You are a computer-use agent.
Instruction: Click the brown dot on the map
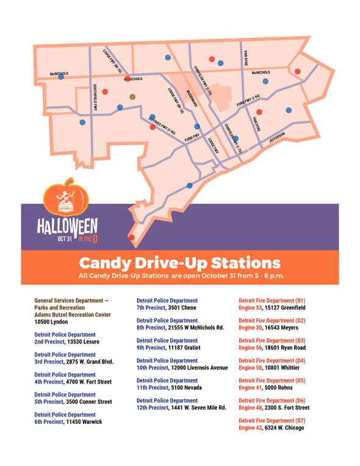132,96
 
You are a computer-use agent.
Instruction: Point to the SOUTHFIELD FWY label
96,97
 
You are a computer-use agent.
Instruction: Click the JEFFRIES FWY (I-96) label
162,124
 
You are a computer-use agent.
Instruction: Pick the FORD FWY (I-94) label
248,101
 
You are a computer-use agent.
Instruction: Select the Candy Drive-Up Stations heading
180,263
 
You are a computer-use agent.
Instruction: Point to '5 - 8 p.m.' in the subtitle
264,276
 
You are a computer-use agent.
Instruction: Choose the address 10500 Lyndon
51,321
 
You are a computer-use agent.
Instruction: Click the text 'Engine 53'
250,308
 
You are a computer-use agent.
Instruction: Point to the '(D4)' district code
297,360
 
